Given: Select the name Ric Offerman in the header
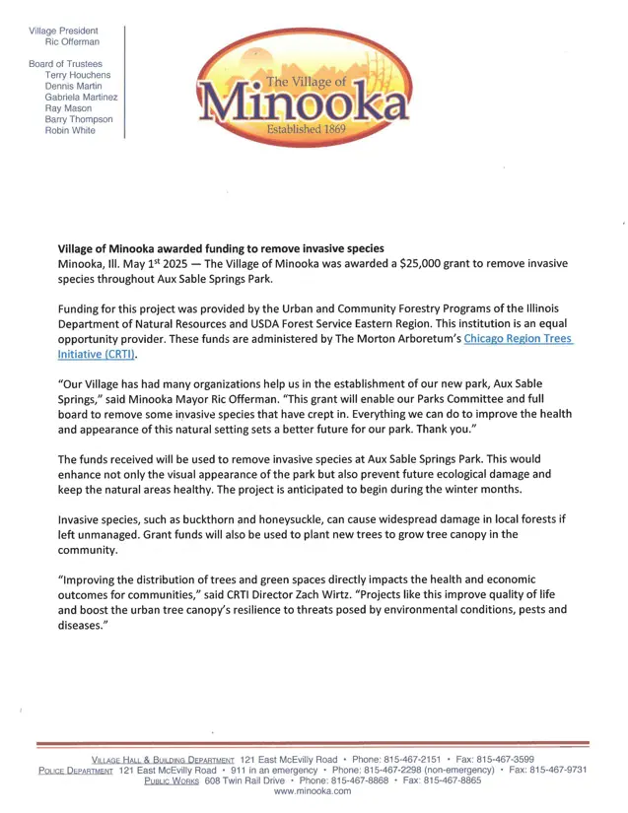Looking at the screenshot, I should (x=72, y=42).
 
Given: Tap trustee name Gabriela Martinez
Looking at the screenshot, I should (x=81, y=98).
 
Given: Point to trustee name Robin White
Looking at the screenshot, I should (x=70, y=131).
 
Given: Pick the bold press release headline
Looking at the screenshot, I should (x=221, y=247).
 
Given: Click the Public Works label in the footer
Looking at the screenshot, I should (x=173, y=781).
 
